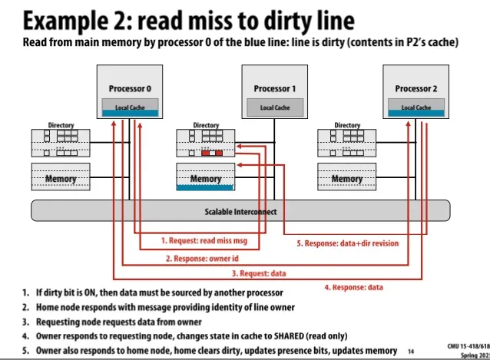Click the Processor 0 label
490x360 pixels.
(x=129, y=88)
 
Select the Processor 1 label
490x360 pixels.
(x=275, y=88)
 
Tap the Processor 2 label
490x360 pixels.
(x=416, y=88)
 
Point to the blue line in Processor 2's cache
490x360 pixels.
(x=416, y=115)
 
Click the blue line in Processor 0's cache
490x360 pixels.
(x=129, y=114)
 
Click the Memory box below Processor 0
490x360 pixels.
(x=61, y=179)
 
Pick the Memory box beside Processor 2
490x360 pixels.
(x=347, y=179)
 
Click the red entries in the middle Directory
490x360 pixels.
(x=211, y=153)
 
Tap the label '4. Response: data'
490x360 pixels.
(x=353, y=287)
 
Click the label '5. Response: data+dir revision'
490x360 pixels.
(x=347, y=243)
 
